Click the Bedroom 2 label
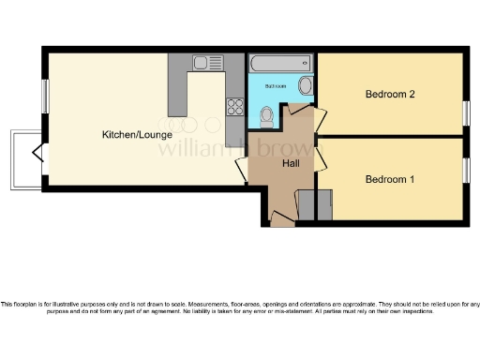point(389,94)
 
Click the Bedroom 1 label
point(389,179)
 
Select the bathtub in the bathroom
point(277,63)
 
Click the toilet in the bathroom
point(267,115)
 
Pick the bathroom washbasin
point(305,88)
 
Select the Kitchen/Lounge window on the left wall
point(44,95)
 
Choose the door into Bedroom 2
point(319,118)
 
